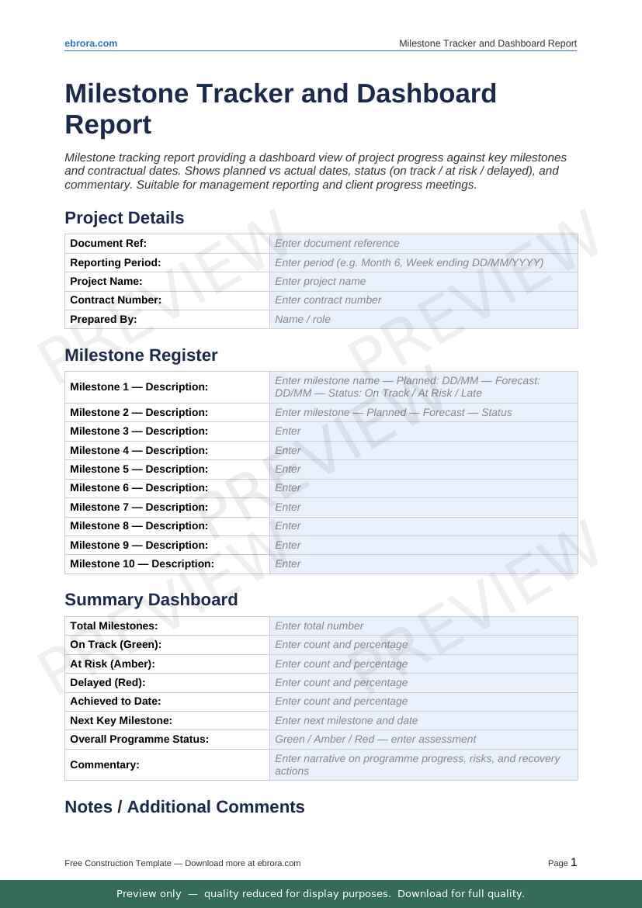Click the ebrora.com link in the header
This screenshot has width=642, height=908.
click(91, 43)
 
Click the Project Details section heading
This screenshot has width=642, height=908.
click(124, 218)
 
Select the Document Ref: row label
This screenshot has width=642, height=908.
click(108, 243)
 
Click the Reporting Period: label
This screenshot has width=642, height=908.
click(115, 262)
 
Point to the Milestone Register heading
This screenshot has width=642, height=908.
click(141, 355)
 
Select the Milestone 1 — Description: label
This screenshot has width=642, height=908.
click(139, 386)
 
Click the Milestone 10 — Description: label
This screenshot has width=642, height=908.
click(142, 563)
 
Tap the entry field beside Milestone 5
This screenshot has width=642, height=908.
click(423, 469)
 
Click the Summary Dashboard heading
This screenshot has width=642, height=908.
click(151, 600)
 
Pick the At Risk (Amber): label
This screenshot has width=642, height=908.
click(113, 664)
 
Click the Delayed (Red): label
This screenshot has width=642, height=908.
click(108, 682)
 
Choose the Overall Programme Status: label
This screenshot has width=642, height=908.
click(139, 739)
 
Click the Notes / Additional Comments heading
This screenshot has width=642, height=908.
click(184, 807)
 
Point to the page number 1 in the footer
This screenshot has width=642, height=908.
click(574, 862)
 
